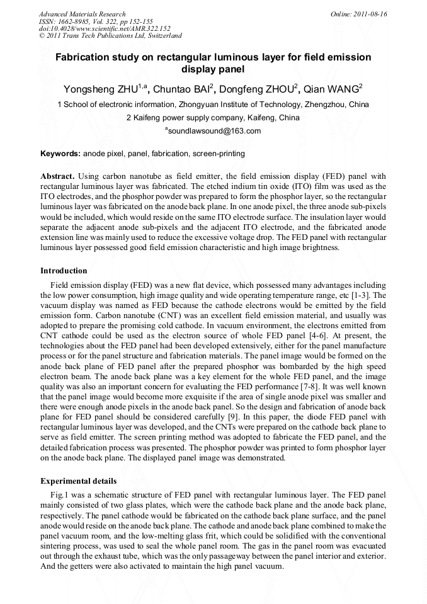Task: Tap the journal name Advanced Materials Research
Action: [x=82, y=14]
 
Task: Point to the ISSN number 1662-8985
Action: [x=85, y=21]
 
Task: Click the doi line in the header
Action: [x=105, y=28]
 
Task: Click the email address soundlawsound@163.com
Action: [x=214, y=131]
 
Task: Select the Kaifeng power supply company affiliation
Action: [x=213, y=118]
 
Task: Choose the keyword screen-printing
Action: [x=219, y=154]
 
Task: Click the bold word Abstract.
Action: [x=57, y=176]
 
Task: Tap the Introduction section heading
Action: [x=64, y=271]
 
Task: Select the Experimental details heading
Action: [x=78, y=481]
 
